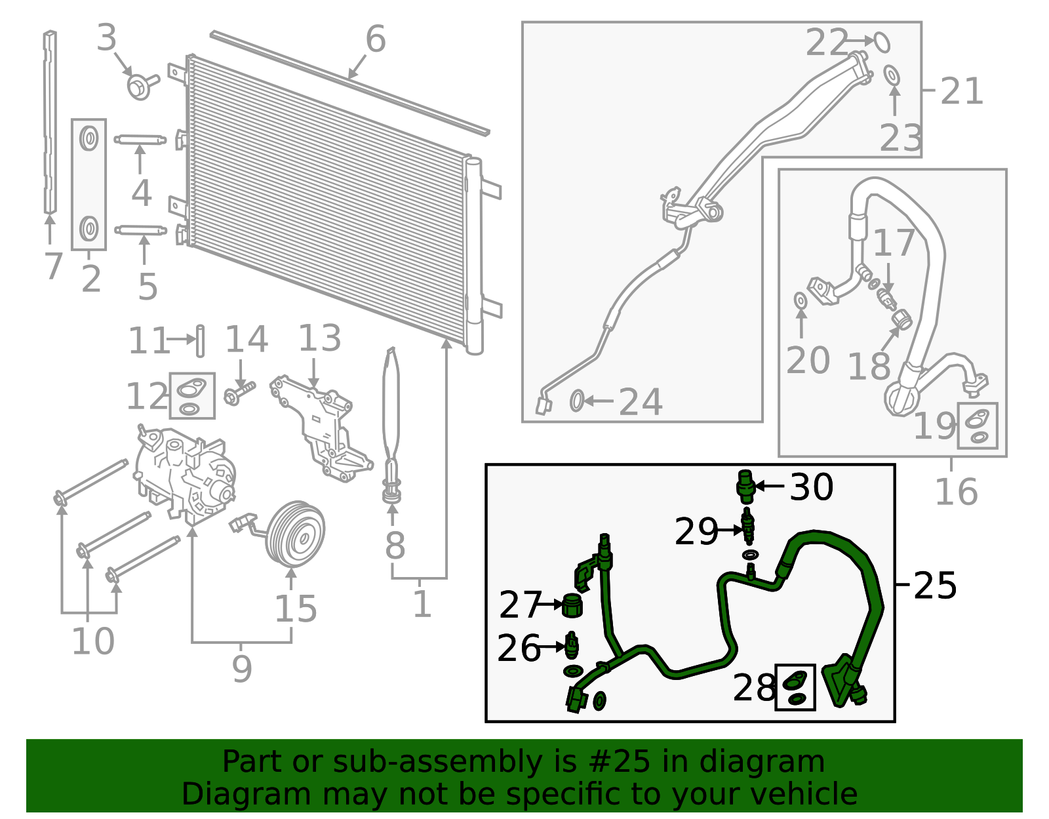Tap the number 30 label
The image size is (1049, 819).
[x=811, y=487]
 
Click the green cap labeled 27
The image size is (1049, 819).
[x=572, y=605]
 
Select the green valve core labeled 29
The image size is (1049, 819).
[x=748, y=528]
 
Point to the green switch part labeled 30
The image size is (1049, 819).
[x=745, y=486]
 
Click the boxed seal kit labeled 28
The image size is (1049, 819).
[x=795, y=687]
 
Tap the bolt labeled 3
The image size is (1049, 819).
[x=140, y=86]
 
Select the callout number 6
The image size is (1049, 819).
[x=375, y=39]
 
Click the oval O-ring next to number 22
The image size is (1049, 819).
[x=882, y=42]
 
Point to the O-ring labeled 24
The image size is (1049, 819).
[x=576, y=400]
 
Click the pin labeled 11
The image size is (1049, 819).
[x=200, y=340]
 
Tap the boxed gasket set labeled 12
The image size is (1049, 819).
[x=191, y=395]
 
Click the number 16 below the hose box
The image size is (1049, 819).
[x=955, y=492]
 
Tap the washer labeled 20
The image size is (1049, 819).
[x=801, y=300]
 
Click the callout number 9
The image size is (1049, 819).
[x=241, y=669]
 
